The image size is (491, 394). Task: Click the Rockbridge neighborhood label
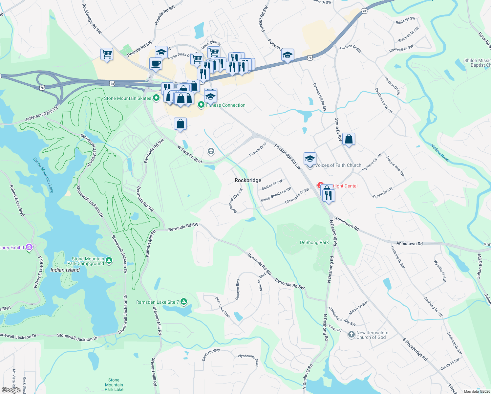[248, 180]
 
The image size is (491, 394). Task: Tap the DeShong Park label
[314, 242]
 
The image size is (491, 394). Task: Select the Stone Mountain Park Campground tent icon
[109, 261]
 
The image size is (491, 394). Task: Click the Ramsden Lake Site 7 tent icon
[184, 302]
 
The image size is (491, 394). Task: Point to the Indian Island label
[65, 270]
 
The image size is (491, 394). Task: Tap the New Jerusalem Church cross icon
[351, 335]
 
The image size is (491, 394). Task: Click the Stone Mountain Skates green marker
[157, 98]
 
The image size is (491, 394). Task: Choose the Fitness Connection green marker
[201, 105]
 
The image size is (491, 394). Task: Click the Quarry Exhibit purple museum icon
[29, 247]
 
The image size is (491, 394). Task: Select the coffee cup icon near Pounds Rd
[156, 63]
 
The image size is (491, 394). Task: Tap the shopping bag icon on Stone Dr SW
[349, 139]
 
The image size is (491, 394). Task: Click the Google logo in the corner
[11, 390]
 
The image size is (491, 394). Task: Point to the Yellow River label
[440, 153]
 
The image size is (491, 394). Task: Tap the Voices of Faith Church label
[338, 165]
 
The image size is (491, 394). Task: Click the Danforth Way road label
[211, 354]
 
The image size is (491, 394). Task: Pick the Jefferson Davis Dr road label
[41, 114]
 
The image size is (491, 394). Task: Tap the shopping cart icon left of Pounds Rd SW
[107, 54]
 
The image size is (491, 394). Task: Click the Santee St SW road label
[272, 185]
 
